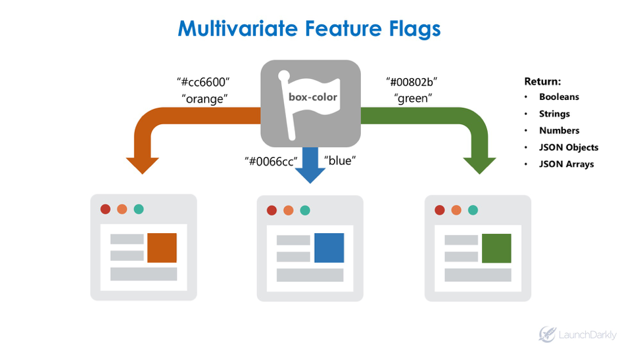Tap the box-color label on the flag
(x=313, y=97)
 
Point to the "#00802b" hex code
(x=412, y=82)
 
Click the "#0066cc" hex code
(x=272, y=161)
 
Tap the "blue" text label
(x=340, y=161)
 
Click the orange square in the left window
(x=162, y=248)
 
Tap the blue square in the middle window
(x=329, y=248)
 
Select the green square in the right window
(x=496, y=248)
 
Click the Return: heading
(x=542, y=81)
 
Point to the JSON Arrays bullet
(x=566, y=164)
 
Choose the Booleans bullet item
(x=559, y=97)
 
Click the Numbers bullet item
(x=559, y=130)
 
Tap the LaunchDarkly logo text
(x=587, y=335)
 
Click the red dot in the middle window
(x=272, y=210)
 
